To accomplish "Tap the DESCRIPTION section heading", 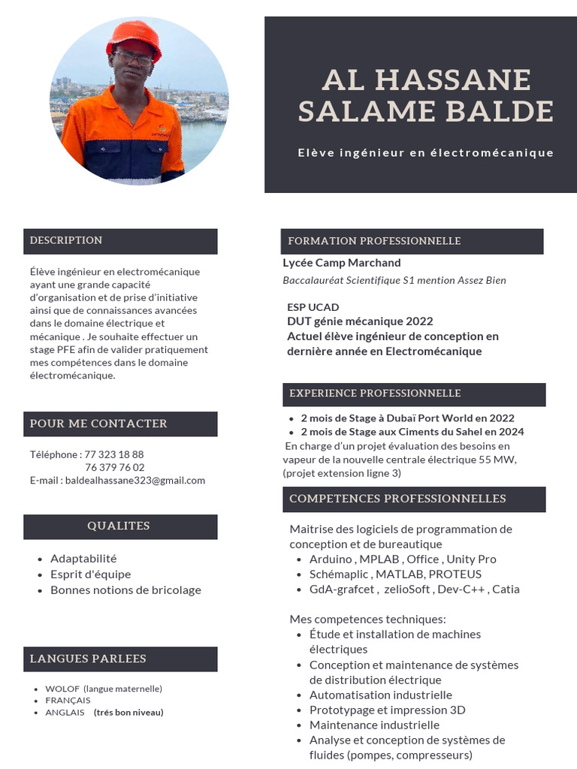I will [x=66, y=240].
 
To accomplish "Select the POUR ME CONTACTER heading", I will [x=98, y=424].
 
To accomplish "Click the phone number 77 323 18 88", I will [x=113, y=454].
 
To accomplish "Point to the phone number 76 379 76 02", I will [x=115, y=467].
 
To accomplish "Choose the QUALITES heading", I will [x=119, y=526].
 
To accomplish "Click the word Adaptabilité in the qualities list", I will [x=83, y=559].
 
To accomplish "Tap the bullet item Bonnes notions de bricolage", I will [x=125, y=590].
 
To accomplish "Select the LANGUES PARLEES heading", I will [x=88, y=659].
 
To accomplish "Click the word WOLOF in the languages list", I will [x=62, y=689].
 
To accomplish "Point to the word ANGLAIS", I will [x=65, y=713].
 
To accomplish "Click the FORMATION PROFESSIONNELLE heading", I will [x=374, y=241].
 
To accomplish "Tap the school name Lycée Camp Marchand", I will [x=342, y=263].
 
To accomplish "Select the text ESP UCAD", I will [x=313, y=307].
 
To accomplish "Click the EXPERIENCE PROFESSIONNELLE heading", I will [x=375, y=394].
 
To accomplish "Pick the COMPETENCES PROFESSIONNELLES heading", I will [x=397, y=499].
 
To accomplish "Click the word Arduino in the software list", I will [x=331, y=559].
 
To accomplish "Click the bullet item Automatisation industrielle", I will [x=380, y=695].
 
